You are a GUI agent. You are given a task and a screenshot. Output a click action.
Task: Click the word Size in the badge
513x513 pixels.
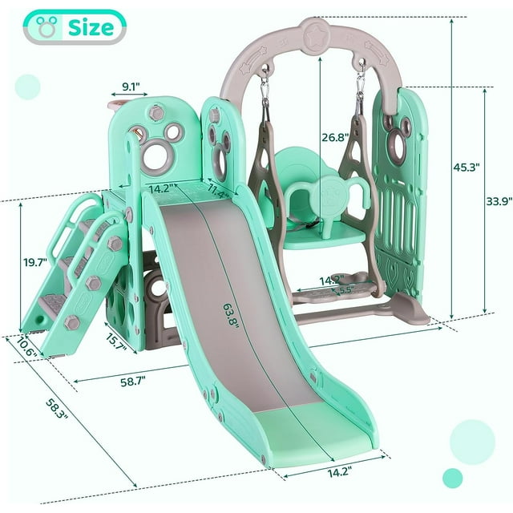click(x=91, y=27)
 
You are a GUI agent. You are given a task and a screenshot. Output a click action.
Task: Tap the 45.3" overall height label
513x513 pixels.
click(x=467, y=168)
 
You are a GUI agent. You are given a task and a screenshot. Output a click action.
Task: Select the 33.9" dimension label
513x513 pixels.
click(x=499, y=201)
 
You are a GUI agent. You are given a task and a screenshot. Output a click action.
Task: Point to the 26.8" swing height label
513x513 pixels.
click(x=335, y=137)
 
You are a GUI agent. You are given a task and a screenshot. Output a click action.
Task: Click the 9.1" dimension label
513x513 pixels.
click(x=131, y=87)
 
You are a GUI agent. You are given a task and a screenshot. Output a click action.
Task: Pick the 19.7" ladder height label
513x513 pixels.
click(x=35, y=262)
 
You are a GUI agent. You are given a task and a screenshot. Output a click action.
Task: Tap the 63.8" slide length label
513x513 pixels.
click(x=231, y=316)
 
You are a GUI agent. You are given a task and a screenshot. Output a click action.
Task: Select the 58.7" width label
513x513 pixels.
click(x=133, y=382)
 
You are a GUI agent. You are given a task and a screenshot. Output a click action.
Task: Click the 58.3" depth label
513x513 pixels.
click(x=57, y=409)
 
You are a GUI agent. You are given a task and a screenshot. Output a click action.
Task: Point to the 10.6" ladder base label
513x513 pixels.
click(x=26, y=346)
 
